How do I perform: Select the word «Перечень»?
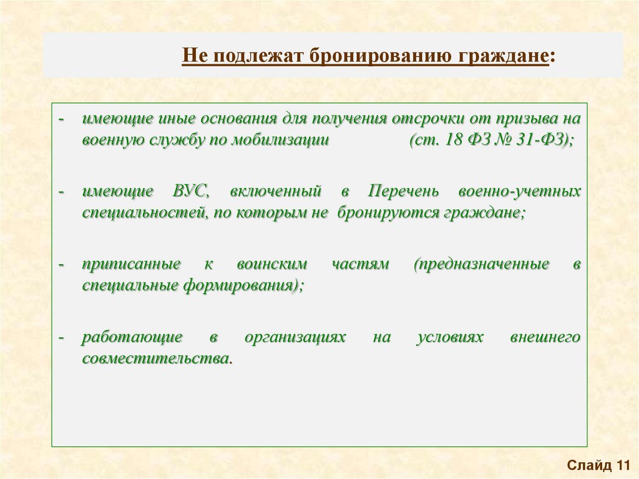tap(399, 190)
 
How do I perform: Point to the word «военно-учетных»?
tap(519, 190)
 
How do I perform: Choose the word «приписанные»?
tap(132, 264)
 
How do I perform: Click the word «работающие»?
tap(132, 337)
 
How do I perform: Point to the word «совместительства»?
tap(155, 359)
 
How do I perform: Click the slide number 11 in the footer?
tap(623, 465)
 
